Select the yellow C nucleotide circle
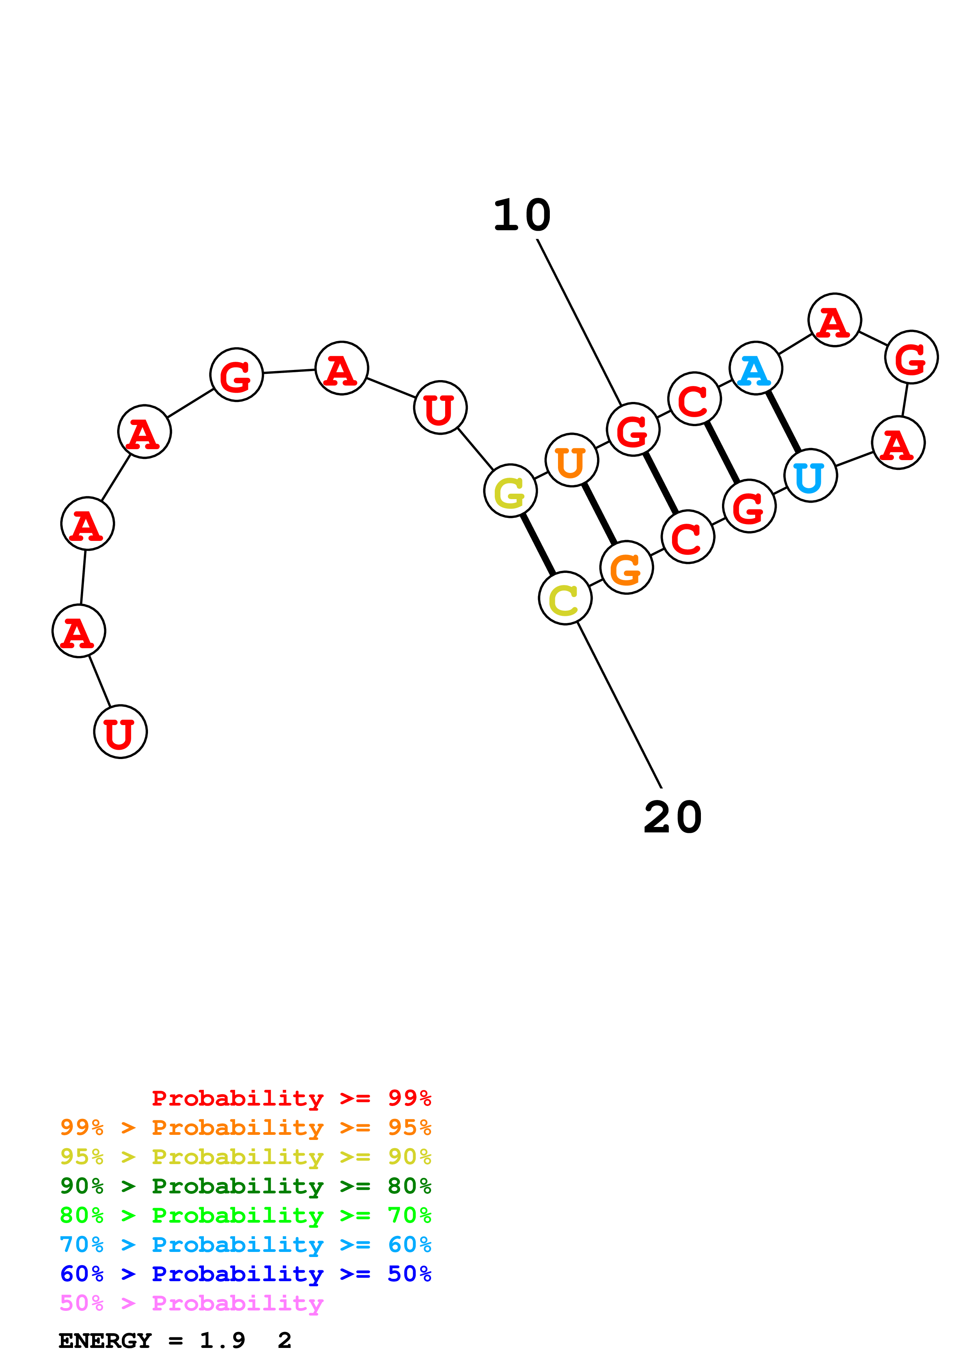(565, 598)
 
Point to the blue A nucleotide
(756, 368)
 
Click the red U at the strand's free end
(121, 732)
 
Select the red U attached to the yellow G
(440, 408)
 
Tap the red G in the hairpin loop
(911, 357)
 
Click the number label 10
(522, 215)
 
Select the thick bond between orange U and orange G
(599, 514)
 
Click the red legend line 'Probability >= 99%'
(291, 1098)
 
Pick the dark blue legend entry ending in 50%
(245, 1274)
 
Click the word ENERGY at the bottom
(105, 1341)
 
